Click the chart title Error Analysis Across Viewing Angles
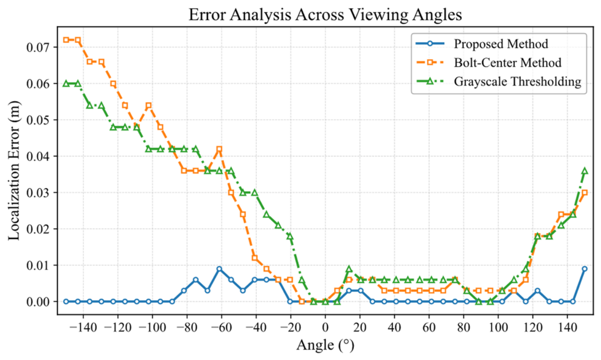(x=325, y=14)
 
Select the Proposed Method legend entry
(x=482, y=44)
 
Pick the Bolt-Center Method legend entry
(x=488, y=63)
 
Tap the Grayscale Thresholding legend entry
(x=499, y=81)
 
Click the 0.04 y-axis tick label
(x=38, y=156)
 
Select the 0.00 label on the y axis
(x=38, y=302)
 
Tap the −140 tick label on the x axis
(x=83, y=327)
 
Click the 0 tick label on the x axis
(x=325, y=327)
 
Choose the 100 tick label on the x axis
(x=498, y=327)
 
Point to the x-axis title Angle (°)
(x=325, y=345)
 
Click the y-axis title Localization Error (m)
(x=14, y=171)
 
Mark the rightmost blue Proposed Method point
(x=584, y=269)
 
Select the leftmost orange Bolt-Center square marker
(x=66, y=40)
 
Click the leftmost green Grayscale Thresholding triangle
(x=66, y=84)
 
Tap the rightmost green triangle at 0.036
(x=584, y=171)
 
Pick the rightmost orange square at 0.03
(x=584, y=193)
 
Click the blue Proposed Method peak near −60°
(x=219, y=269)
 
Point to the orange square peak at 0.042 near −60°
(x=219, y=149)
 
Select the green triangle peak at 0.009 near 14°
(x=349, y=269)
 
